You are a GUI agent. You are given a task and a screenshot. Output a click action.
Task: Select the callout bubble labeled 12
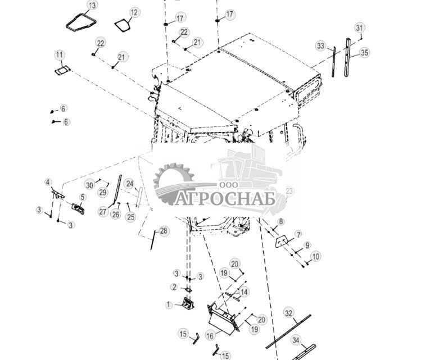click(x=134, y=12)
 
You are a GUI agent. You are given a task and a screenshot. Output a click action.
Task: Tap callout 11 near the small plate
click(x=60, y=54)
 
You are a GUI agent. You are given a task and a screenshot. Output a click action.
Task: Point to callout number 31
click(x=360, y=28)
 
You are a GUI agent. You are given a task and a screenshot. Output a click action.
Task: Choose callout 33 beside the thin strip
click(x=320, y=45)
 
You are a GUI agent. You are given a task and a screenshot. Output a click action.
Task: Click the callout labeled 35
click(x=365, y=53)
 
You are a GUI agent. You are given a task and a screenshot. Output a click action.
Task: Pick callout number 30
click(x=89, y=185)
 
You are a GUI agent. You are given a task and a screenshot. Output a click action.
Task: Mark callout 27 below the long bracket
click(x=103, y=212)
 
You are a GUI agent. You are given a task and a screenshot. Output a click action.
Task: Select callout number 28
click(x=164, y=231)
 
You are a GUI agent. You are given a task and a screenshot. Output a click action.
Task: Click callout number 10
click(x=316, y=256)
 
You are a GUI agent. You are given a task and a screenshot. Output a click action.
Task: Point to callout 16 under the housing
click(x=210, y=335)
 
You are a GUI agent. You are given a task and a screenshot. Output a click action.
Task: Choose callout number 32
click(x=289, y=312)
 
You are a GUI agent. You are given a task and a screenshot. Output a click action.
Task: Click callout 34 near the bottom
click(x=296, y=340)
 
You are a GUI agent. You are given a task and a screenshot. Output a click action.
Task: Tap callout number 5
click(x=82, y=197)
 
